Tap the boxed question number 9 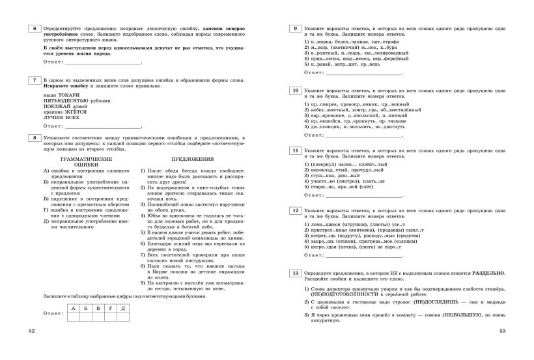click(x=296, y=29)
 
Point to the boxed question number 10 click(x=296, y=90)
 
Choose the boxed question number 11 click(x=296, y=150)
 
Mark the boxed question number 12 click(x=296, y=212)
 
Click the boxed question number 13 click(x=296, y=272)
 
